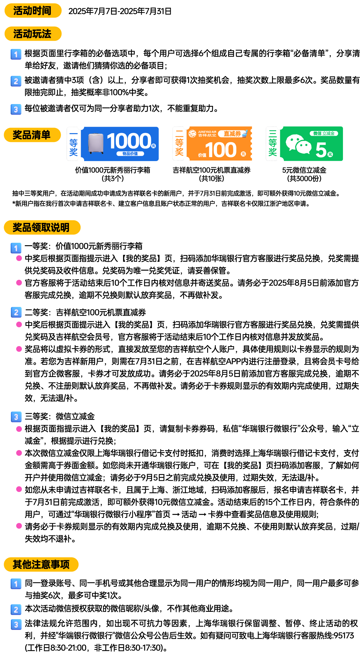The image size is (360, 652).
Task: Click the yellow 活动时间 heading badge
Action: pos(33,11)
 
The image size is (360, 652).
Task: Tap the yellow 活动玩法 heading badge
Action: pos(33,34)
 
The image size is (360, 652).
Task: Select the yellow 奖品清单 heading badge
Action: pos(32,135)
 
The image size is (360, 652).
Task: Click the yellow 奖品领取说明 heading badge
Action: pos(42,227)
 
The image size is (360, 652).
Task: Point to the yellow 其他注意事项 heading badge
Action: pos(41,564)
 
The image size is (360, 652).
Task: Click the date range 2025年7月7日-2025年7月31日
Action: pos(120,11)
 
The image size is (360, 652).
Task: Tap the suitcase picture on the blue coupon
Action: pos(96,143)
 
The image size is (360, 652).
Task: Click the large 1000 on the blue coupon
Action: pos(129,141)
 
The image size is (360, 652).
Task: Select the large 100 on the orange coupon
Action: pos(221,150)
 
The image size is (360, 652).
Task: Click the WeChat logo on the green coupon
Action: pos(298,144)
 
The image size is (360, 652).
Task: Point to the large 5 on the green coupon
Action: pos(321,150)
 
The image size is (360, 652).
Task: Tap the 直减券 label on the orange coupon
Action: pos(232,134)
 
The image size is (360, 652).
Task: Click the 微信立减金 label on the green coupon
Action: pos(324,133)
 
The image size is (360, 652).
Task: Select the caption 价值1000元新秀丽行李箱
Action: pos(113,170)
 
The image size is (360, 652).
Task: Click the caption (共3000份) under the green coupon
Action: pos(304,178)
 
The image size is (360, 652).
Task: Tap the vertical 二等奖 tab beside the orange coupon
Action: pos(179,143)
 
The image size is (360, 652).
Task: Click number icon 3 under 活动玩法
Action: pos(16,109)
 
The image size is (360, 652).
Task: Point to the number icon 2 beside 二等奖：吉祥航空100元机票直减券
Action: pos(16,312)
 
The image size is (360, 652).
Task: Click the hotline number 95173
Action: pos(344,635)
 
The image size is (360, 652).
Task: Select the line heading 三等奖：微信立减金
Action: pos(60,416)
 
